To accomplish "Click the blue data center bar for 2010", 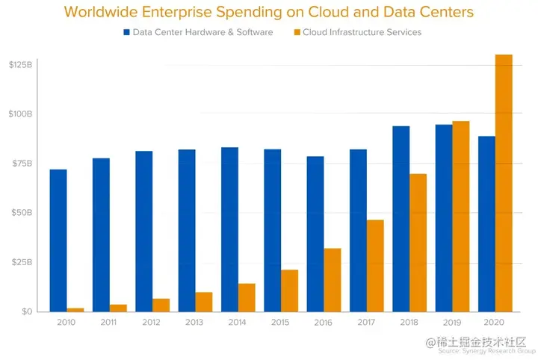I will point(58,240).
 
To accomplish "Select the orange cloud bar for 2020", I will point(504,183).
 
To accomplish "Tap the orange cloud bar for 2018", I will point(418,243).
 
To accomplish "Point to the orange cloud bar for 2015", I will point(289,291).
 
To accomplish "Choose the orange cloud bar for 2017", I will point(375,265).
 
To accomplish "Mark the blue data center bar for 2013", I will point(187,230).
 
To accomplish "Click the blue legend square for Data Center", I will point(127,32).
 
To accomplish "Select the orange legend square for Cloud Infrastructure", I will point(297,32).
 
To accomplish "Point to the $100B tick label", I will point(20,114).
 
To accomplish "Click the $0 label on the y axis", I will point(25,311).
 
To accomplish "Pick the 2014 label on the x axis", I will point(238,323).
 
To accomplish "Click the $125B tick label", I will point(20,65).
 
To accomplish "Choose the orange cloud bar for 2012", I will point(161,305).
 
